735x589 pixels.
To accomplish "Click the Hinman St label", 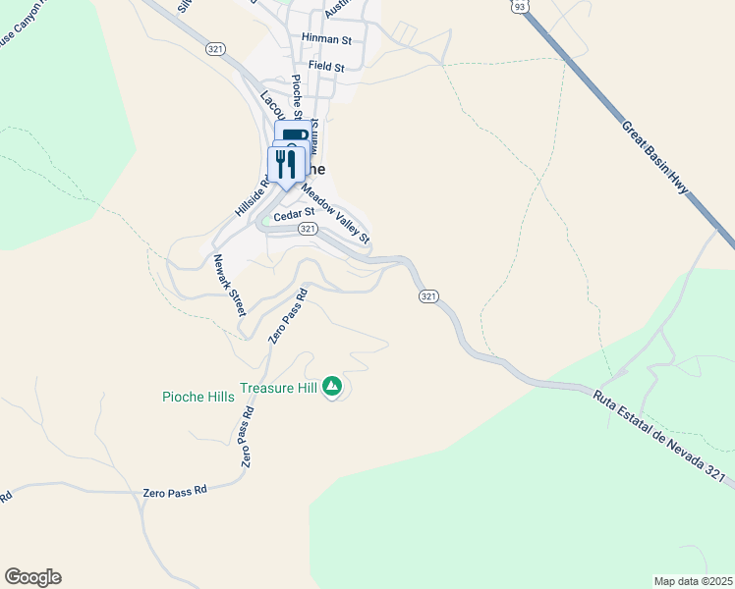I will point(327,39).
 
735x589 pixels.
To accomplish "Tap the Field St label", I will point(326,66).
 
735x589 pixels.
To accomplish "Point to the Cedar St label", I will point(294,212).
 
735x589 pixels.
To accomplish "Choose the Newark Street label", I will point(230,285).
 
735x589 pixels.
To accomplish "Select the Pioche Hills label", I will point(198,397).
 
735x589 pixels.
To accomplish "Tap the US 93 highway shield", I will point(517,7).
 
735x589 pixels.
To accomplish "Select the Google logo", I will point(32,577).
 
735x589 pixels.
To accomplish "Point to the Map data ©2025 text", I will point(694,581).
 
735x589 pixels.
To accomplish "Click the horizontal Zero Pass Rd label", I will point(175,490).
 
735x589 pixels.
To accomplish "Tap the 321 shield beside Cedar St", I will point(308,229).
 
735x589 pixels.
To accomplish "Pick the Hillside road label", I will point(251,199).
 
